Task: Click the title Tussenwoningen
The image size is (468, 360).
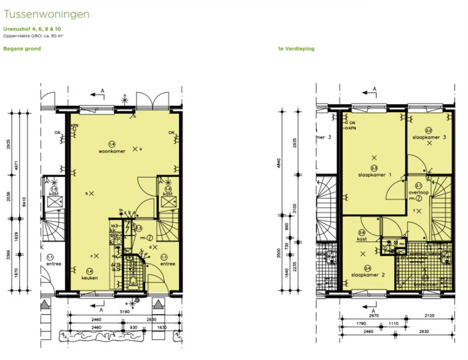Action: click(x=47, y=13)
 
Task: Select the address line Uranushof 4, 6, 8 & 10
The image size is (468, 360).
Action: click(x=32, y=29)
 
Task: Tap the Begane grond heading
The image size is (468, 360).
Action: click(x=22, y=49)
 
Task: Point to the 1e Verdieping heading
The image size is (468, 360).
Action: click(x=296, y=49)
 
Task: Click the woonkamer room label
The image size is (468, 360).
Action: click(x=114, y=151)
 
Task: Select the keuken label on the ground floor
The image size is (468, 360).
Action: click(x=90, y=278)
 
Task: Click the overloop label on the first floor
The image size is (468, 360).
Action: click(x=420, y=192)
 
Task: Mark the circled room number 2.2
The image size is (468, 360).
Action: click(x=428, y=130)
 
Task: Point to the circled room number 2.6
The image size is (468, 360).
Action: click(x=361, y=232)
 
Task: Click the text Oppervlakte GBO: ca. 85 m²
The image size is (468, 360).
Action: click(x=34, y=36)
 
